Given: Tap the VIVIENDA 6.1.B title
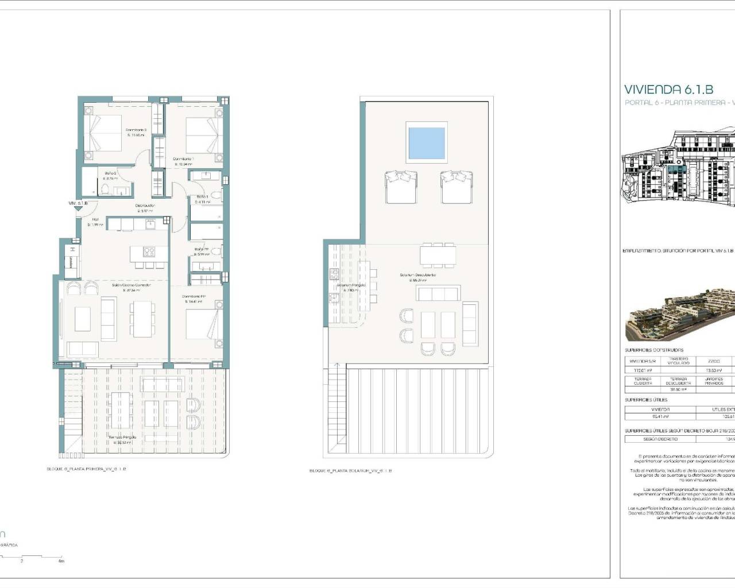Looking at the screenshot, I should pyautogui.click(x=668, y=90).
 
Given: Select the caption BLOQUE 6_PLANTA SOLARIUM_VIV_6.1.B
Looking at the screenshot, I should pyautogui.click(x=350, y=471).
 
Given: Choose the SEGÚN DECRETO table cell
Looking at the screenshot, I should pyautogui.click(x=660, y=439).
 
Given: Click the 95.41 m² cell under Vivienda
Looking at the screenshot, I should pyautogui.click(x=660, y=416).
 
